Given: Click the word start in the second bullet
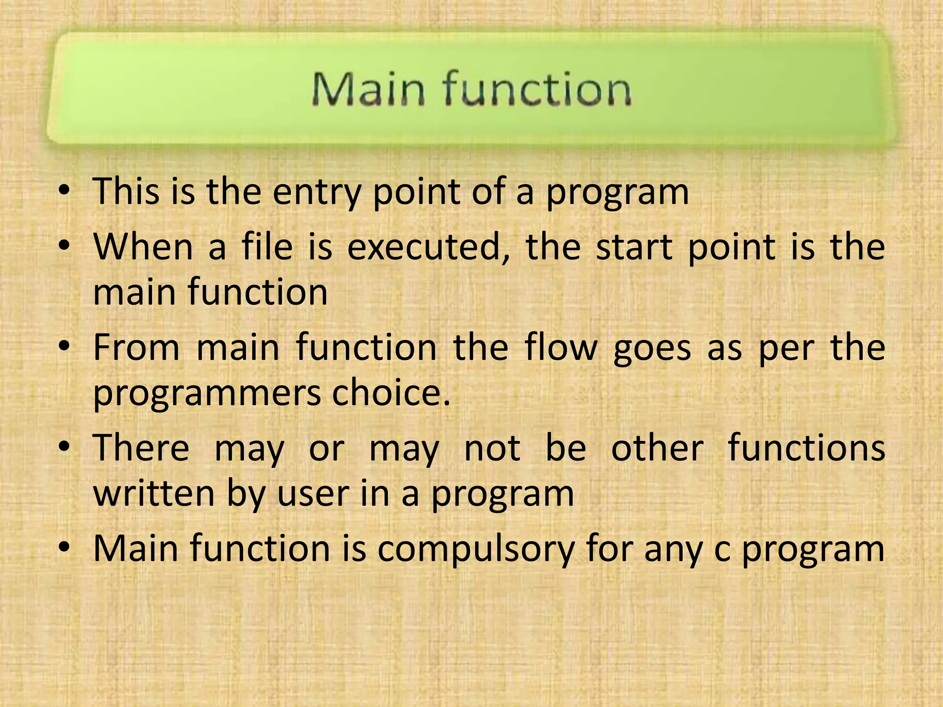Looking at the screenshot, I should pyautogui.click(x=634, y=248).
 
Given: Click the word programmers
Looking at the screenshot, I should pyautogui.click(x=206, y=394).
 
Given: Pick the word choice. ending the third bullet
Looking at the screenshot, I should pyautogui.click(x=391, y=393).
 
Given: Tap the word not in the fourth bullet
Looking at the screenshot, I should pyautogui.click(x=492, y=449).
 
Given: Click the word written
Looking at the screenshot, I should pyautogui.click(x=154, y=494).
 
